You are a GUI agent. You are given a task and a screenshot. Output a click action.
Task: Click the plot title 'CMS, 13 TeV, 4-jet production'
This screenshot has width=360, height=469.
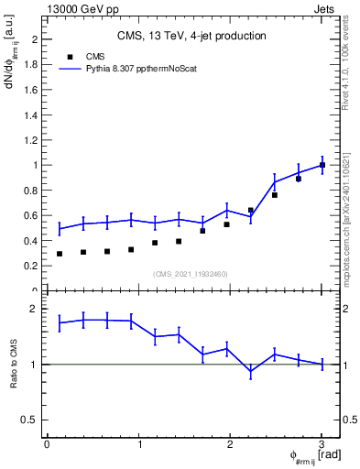point(191,36)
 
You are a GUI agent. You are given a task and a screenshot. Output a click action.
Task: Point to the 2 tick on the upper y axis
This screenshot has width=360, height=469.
point(38,40)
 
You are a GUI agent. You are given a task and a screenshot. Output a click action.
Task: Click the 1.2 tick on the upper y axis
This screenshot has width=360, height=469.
point(34,140)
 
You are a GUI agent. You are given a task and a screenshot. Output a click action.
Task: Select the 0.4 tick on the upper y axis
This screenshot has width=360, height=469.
point(34,241)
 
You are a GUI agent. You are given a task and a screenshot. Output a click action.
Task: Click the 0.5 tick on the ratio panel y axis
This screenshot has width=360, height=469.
point(34,420)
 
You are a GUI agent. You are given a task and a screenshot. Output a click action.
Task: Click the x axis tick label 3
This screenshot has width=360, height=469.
point(322,444)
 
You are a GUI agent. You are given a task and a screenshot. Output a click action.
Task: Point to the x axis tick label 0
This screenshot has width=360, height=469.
point(47,444)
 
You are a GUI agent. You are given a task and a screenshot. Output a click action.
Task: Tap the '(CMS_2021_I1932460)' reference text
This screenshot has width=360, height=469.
point(191,274)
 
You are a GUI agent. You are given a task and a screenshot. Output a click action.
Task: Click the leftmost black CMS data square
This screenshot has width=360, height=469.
point(60,254)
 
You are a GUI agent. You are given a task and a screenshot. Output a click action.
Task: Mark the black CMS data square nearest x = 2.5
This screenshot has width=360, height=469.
point(274,195)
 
